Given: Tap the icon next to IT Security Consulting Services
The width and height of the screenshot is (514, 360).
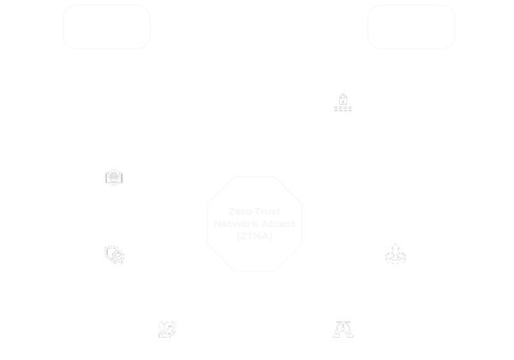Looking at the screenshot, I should point(113,179).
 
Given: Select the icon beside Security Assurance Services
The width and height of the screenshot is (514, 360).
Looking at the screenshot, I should point(113,254).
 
